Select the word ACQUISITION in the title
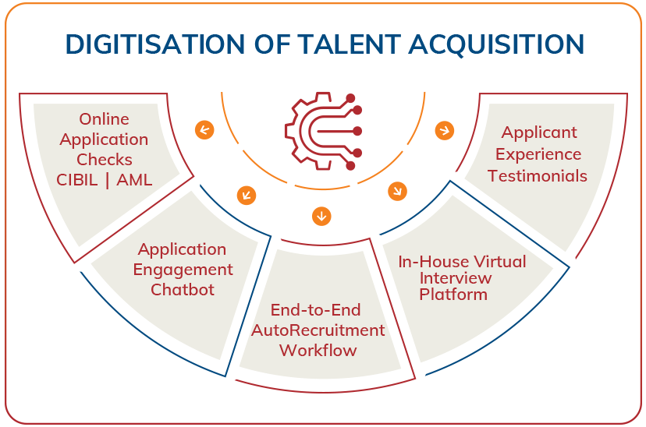509,44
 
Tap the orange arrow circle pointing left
204,129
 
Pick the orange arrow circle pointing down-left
246,192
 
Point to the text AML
131,180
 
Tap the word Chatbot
183,290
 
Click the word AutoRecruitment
318,330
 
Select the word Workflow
318,350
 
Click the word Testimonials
538,175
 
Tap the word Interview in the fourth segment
456,278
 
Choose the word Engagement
183,270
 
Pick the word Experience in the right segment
538,154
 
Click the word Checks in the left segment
104,160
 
